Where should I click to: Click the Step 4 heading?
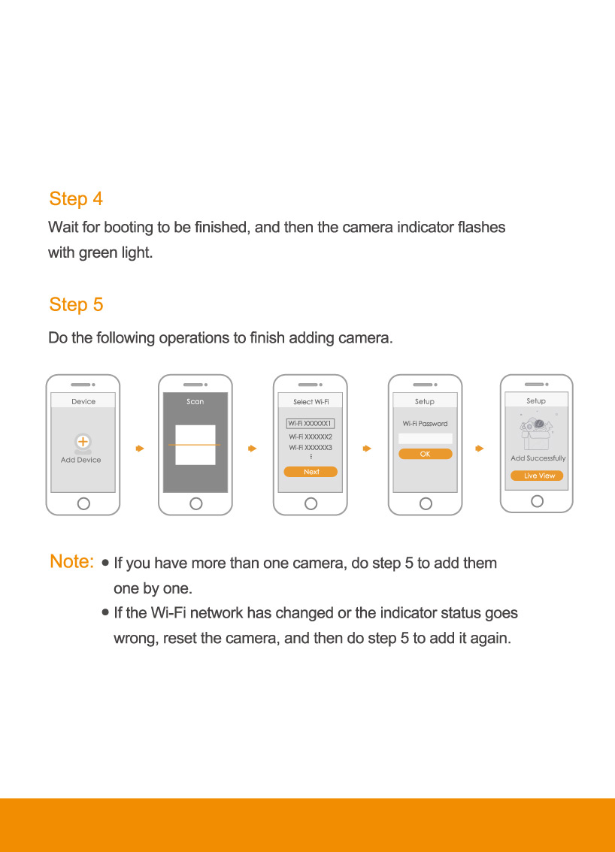[76, 199]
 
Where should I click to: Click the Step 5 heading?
[76, 305]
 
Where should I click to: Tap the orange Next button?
[311, 472]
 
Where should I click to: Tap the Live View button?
[537, 476]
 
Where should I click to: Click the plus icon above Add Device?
[83, 441]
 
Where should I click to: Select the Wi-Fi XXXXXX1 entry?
[311, 423]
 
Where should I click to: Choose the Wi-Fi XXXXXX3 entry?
[311, 447]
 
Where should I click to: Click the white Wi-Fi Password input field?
[426, 439]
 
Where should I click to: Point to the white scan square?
[195, 445]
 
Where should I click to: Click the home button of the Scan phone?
[195, 503]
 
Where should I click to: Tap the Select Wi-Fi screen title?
[311, 401]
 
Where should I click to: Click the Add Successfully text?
[538, 458]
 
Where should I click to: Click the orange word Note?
[71, 561]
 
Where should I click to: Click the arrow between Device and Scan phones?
[140, 449]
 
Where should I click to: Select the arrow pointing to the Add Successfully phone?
[479, 449]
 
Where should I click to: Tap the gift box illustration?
[536, 433]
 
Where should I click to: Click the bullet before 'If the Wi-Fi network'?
[105, 612]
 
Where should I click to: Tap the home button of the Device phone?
[83, 503]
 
